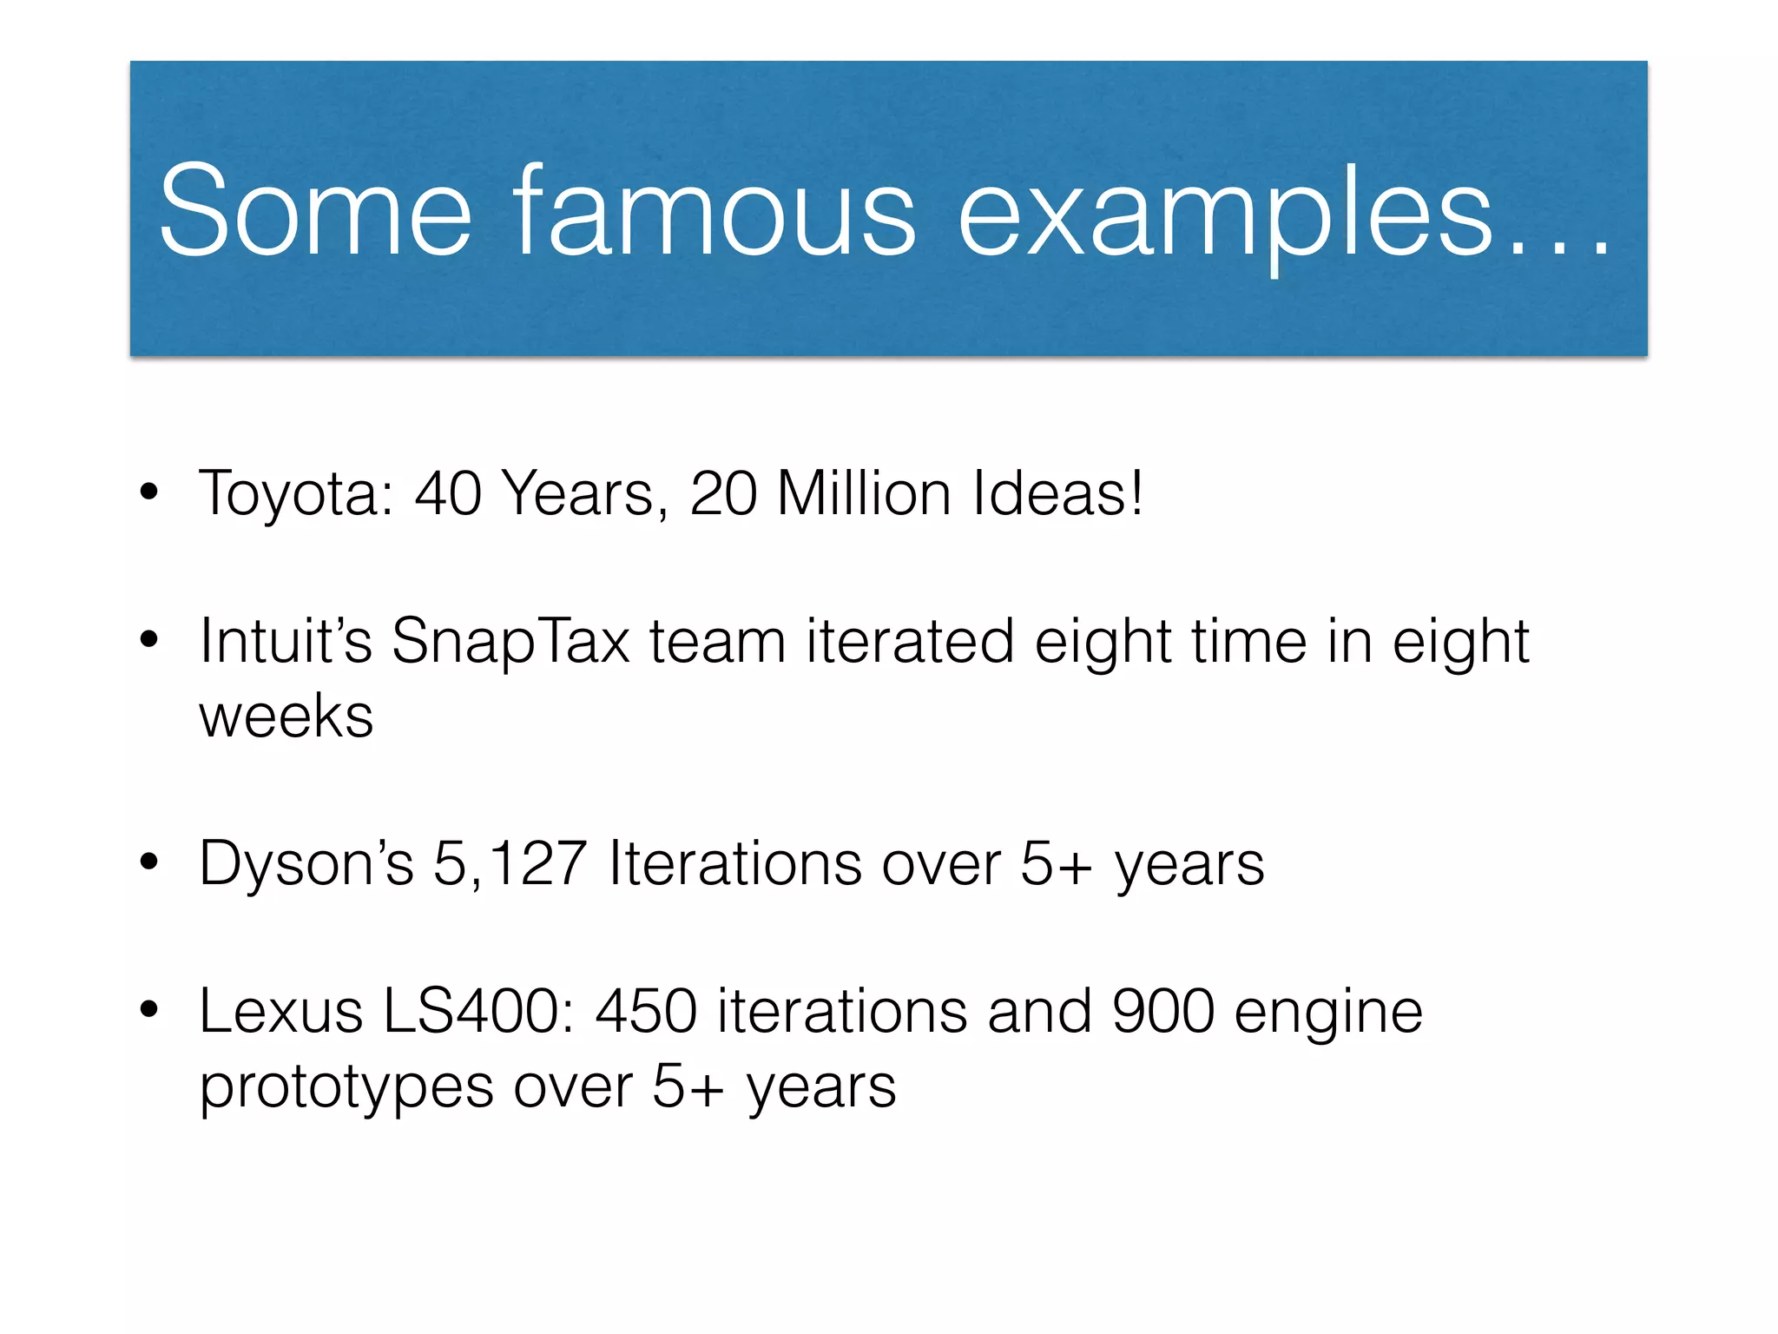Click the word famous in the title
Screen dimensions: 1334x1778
714,211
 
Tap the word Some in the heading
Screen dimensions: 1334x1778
315,211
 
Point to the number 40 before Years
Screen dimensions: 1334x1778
448,492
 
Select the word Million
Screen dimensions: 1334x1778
864,492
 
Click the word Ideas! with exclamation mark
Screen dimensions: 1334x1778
1057,492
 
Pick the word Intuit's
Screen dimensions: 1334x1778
286,641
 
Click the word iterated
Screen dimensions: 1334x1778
910,641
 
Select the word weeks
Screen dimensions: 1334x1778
286,717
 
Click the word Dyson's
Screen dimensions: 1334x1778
306,864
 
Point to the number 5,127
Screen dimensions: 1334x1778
510,864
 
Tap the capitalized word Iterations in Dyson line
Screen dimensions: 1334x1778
735,864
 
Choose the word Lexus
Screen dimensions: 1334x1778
281,1012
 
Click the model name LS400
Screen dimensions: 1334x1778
478,1012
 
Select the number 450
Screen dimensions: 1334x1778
647,1012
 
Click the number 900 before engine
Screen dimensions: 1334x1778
1163,1012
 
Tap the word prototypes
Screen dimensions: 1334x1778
346,1088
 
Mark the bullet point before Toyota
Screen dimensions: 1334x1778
149,492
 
